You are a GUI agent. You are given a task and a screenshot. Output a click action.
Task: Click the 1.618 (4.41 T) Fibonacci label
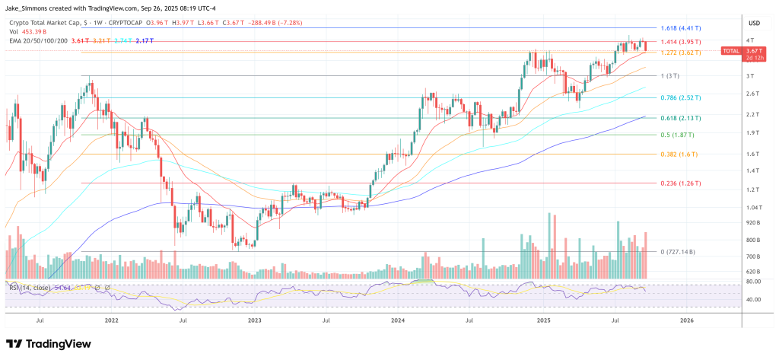(x=681, y=27)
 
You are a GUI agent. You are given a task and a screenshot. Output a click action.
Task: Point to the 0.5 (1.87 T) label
(x=677, y=135)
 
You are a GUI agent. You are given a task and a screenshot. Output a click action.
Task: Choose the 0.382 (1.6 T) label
(x=678, y=155)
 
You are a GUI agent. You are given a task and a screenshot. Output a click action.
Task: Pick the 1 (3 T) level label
(x=670, y=76)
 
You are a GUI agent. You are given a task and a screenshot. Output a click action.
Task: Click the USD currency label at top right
(x=755, y=23)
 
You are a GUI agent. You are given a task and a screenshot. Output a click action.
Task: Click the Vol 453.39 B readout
(x=29, y=31)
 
